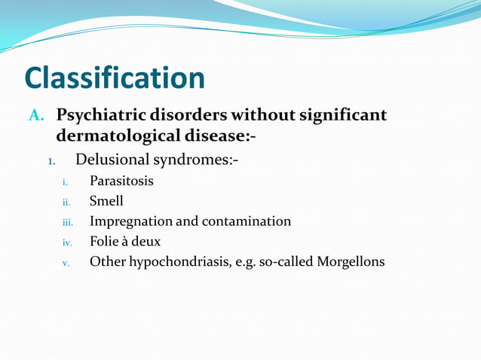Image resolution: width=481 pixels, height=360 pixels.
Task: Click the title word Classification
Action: point(115,78)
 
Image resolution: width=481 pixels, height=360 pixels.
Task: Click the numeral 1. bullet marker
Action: point(51,161)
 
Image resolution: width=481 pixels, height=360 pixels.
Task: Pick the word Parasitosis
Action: point(121,182)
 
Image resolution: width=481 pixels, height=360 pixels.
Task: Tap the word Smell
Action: point(106,201)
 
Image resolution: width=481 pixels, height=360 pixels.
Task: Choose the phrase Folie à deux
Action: point(125,242)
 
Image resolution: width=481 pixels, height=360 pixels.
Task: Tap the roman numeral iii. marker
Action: point(66,222)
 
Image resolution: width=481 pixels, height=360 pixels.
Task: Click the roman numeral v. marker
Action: point(66,263)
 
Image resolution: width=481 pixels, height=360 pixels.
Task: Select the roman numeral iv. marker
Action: point(66,243)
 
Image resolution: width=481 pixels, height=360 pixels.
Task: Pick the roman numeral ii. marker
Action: point(66,202)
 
